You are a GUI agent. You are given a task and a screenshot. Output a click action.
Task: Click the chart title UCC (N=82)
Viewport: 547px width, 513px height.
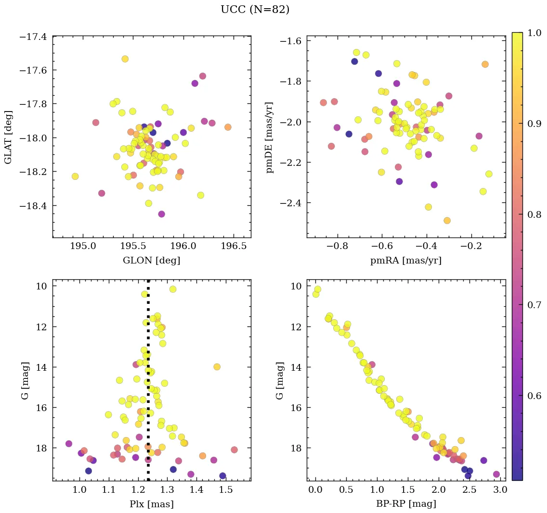tap(255, 10)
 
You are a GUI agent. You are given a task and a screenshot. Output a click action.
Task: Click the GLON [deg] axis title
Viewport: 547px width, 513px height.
tap(151, 261)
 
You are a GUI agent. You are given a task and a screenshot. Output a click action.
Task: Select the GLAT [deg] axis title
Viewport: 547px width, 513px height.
tap(8, 137)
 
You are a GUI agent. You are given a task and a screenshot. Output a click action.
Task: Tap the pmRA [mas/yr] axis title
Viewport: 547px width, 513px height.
tap(405, 261)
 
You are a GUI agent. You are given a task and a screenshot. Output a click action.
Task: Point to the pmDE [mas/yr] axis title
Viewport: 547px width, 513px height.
tap(269, 137)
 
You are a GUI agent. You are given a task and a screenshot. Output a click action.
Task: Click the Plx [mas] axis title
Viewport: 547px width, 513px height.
tap(151, 504)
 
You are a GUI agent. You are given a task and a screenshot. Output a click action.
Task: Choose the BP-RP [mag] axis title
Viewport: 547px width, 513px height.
tap(405, 504)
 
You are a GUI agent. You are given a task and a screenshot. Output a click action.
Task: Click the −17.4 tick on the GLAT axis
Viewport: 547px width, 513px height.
tap(33, 37)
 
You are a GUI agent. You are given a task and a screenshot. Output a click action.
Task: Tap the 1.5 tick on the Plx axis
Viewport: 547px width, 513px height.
tap(226, 490)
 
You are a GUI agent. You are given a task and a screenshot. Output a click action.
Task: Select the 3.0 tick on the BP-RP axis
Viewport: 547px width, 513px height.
tap(499, 490)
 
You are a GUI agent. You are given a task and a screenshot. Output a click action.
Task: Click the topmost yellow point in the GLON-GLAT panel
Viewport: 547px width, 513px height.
tap(125, 59)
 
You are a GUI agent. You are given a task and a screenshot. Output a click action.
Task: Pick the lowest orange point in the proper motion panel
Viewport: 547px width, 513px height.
tap(447, 221)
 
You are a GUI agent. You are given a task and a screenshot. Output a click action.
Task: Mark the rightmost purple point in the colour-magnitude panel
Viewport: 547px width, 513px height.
tap(496, 474)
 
